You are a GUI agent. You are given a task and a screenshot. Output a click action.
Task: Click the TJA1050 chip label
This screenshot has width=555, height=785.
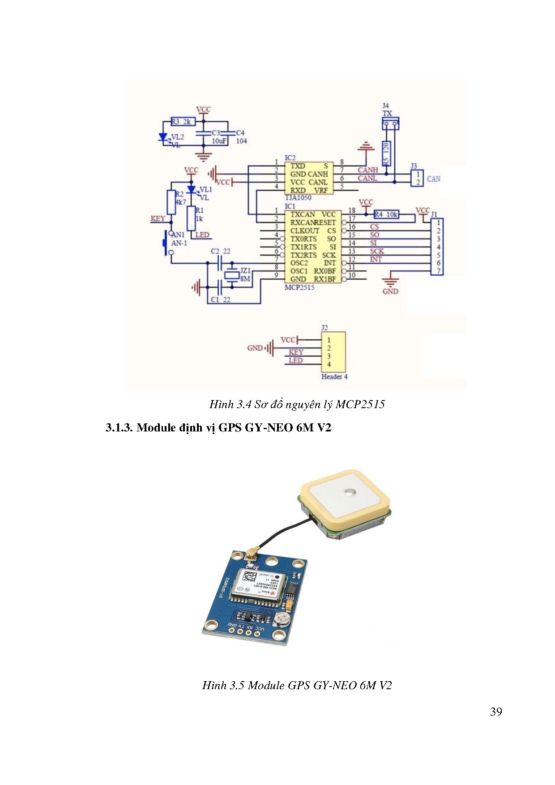tap(298, 197)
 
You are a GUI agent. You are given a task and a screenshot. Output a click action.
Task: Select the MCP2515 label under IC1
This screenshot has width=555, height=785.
tap(299, 287)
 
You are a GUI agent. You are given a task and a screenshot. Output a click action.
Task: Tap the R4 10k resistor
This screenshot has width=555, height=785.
tap(386, 214)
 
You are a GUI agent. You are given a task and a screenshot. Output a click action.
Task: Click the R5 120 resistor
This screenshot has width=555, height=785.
tap(386, 153)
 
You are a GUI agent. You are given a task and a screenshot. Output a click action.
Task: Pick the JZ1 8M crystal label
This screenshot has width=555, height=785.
tap(245, 274)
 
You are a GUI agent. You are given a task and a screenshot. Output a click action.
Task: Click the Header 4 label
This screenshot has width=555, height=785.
tap(334, 376)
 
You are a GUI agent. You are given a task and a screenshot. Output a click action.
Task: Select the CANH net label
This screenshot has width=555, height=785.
tap(367, 170)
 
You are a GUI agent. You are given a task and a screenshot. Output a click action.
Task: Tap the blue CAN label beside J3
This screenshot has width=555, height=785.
tap(433, 179)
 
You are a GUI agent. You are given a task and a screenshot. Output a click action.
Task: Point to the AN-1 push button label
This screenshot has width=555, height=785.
tap(179, 243)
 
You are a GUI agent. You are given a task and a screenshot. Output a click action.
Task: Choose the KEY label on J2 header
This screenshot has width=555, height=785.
tap(296, 352)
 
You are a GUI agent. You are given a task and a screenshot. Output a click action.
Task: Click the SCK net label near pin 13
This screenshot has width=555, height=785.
tap(376, 251)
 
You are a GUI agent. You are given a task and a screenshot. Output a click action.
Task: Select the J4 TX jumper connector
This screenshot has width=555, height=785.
tap(390, 123)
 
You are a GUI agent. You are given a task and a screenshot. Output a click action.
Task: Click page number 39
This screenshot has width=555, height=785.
tap(495, 712)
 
